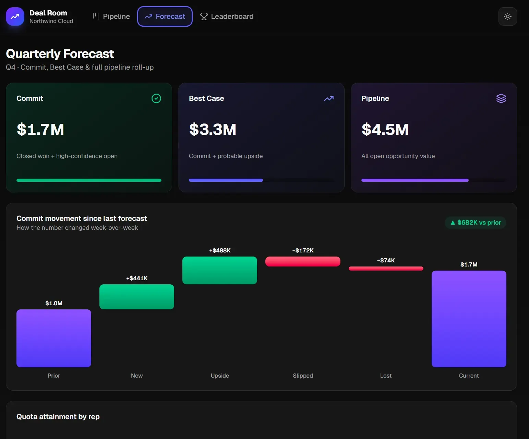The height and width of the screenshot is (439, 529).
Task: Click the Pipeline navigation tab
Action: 111,16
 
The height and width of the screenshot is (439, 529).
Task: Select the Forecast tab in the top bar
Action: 165,16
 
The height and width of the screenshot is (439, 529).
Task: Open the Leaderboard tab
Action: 227,16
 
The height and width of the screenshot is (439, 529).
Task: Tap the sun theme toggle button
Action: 507,16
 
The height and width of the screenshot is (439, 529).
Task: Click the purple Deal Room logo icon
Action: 15,16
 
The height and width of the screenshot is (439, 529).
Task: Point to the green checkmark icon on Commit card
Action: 156,98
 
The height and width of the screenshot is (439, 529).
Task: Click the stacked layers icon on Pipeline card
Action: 501,98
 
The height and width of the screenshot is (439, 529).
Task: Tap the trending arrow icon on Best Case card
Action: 329,98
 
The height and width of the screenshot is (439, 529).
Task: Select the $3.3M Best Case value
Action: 213,129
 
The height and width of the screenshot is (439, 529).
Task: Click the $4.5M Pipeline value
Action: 385,129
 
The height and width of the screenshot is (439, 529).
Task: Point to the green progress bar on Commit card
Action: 89,180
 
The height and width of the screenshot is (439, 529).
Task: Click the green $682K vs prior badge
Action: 476,223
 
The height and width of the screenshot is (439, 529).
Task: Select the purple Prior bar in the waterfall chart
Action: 54,338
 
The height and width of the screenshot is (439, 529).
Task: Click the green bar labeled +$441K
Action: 137,297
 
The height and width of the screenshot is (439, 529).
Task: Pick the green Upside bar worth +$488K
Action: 220,270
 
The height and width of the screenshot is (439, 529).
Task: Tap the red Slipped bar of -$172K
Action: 303,261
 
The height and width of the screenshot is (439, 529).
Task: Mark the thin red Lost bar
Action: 386,269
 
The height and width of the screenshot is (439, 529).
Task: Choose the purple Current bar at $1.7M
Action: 469,319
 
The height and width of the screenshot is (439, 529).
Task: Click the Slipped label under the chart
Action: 303,376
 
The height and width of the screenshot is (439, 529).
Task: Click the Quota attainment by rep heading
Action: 58,417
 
